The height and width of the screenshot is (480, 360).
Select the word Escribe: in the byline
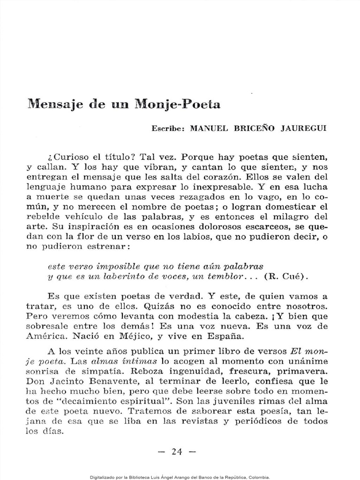tap(168, 128)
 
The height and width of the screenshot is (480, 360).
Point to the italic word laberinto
tap(132, 276)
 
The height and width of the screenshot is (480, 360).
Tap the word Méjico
tap(137, 337)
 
